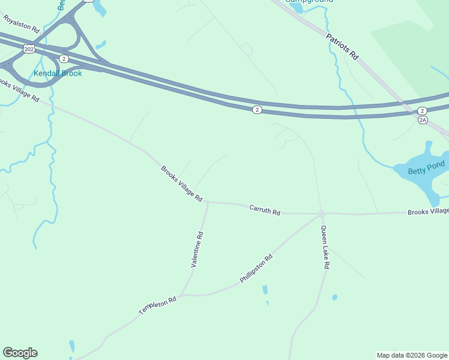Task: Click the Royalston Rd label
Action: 20,24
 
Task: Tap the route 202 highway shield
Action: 28,48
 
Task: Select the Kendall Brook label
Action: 58,73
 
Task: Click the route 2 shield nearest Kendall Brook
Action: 64,58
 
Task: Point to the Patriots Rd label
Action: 342,46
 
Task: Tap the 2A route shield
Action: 423,120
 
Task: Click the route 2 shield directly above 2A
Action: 422,111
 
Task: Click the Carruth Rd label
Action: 265,210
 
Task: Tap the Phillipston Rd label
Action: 256,268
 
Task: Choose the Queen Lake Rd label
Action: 325,247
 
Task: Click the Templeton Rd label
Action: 157,305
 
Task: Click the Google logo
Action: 20,353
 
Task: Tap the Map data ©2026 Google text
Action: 412,355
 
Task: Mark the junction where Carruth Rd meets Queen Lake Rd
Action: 322,213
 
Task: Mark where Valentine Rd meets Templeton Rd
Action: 182,295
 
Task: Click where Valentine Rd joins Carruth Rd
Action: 207,202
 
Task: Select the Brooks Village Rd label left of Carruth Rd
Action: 181,184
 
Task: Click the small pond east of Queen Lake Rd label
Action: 334,297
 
